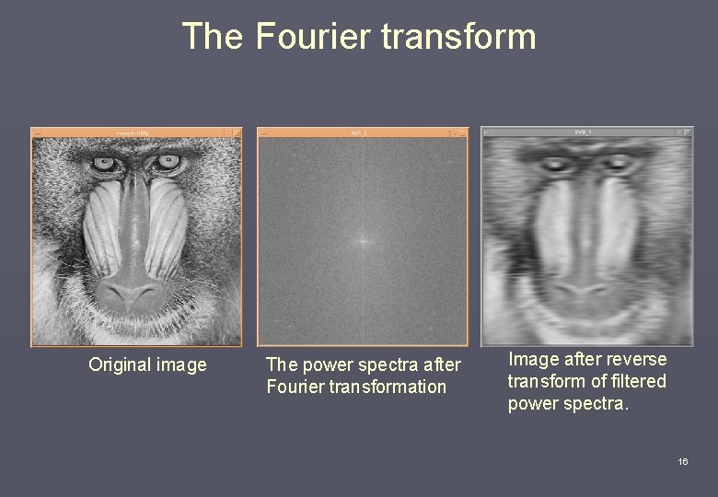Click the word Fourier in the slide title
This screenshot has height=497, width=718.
(312, 37)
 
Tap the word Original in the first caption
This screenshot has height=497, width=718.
(121, 365)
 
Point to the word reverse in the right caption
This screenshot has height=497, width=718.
(634, 359)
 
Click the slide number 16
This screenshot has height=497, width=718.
(682, 461)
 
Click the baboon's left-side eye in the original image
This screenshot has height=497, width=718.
(104, 164)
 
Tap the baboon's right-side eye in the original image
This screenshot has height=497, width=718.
(168, 162)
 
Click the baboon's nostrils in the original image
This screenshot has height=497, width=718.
(133, 295)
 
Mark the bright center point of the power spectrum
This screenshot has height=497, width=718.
(362, 242)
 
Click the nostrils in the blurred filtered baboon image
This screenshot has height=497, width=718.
(583, 293)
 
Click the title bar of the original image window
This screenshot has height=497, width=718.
(136, 133)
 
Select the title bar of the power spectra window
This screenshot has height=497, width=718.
(362, 133)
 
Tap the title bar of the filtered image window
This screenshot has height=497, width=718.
(586, 133)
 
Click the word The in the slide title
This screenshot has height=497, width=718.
(213, 37)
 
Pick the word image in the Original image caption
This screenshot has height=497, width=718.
(181, 365)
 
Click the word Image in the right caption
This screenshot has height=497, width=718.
(533, 359)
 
